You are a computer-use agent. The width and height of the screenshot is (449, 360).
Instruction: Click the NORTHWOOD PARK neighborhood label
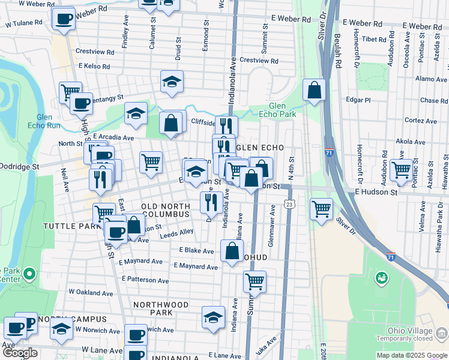point(161,308)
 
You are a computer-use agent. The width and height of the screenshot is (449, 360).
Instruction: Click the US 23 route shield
point(290,205)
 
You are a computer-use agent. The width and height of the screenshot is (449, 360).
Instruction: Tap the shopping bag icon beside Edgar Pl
point(314,91)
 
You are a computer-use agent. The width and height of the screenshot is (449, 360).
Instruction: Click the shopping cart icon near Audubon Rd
point(401,169)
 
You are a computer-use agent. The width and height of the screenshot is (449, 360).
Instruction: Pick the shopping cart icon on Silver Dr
point(322,209)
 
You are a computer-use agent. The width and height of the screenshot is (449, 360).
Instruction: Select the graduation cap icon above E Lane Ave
point(212,318)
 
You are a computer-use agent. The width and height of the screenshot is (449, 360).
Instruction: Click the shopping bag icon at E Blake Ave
point(232,251)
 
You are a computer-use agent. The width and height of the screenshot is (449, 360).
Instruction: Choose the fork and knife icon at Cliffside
point(226,126)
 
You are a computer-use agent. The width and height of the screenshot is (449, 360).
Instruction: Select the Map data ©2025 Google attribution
point(412,355)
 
